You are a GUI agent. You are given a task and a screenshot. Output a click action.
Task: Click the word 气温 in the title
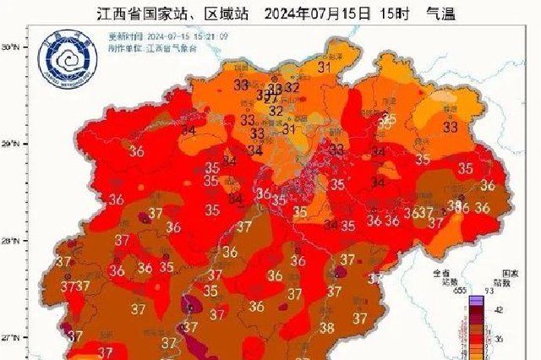tap(427, 14)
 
